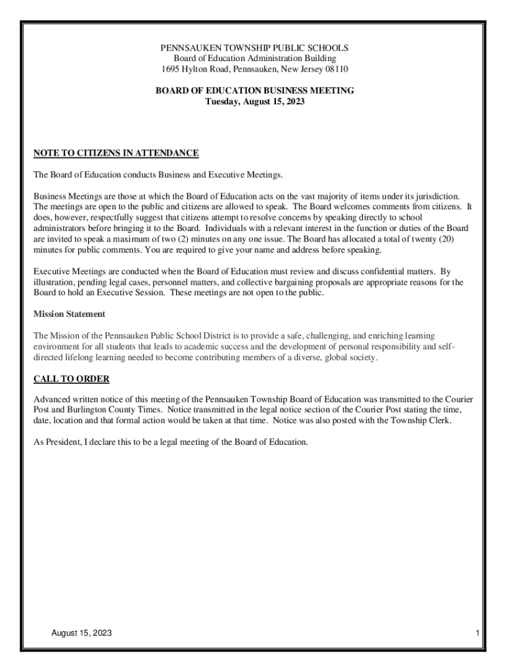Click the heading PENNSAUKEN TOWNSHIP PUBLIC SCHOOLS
(255, 48)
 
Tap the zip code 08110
(336, 69)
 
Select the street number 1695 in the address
(172, 69)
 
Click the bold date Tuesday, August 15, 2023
(255, 102)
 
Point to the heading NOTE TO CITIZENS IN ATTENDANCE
(116, 154)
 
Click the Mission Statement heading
(69, 314)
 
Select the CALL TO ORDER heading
(71, 379)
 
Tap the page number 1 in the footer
(480, 633)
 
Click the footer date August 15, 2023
(81, 633)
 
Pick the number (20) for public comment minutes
(443, 240)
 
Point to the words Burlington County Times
(95, 410)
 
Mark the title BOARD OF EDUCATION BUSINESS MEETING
(255, 91)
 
